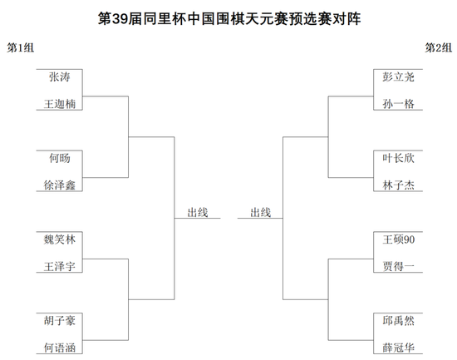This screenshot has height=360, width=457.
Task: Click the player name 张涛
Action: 60,77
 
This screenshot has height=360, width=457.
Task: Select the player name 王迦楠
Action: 60,104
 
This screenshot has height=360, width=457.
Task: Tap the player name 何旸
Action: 60,158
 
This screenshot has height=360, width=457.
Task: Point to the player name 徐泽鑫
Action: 60,185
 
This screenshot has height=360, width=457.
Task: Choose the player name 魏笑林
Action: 60,239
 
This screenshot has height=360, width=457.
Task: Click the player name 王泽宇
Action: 60,266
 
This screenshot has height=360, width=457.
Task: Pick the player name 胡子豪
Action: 60,321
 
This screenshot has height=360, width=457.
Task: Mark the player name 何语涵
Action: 60,348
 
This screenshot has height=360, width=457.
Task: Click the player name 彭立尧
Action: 398,77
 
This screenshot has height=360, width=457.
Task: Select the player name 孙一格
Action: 398,104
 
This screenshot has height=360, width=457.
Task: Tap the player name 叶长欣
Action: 398,158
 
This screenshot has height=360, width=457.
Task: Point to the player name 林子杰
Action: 398,185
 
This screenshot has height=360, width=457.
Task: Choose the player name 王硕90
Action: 398,239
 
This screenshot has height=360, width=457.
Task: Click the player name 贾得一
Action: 398,266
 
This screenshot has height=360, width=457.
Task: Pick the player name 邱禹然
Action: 398,321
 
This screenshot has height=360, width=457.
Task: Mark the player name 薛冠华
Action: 398,348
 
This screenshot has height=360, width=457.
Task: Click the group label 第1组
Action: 21,47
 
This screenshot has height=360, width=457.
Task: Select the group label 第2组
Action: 439,47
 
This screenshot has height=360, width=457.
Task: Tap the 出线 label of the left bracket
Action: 197,212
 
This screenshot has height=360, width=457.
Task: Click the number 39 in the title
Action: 120,18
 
